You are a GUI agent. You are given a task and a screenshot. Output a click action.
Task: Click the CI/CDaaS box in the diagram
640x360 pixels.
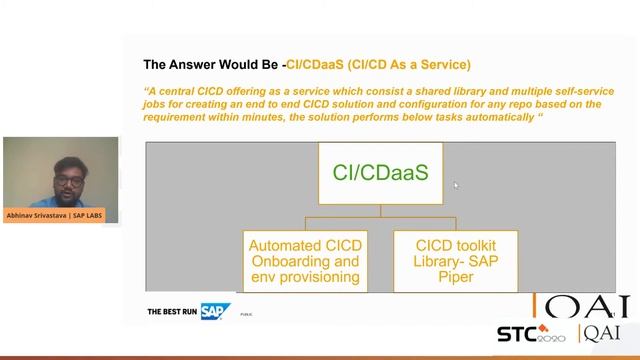click(380, 172)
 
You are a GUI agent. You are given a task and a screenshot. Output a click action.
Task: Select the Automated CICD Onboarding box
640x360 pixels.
click(304, 261)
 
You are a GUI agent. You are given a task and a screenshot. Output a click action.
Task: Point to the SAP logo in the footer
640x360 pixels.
click(215, 311)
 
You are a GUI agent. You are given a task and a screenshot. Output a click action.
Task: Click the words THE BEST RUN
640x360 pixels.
click(172, 312)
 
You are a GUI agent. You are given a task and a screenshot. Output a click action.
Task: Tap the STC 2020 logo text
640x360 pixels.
click(530, 333)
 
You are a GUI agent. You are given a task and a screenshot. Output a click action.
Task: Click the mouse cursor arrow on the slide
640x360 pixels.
click(455, 185)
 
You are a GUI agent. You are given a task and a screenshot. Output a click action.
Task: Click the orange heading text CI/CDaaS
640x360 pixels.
click(314, 65)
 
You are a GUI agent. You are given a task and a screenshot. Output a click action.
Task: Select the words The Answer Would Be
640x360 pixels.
click(211, 65)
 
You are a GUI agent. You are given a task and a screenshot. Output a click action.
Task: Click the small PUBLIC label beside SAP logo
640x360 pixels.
click(245, 314)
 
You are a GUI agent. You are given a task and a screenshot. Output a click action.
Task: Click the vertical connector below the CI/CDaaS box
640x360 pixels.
click(380, 209)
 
